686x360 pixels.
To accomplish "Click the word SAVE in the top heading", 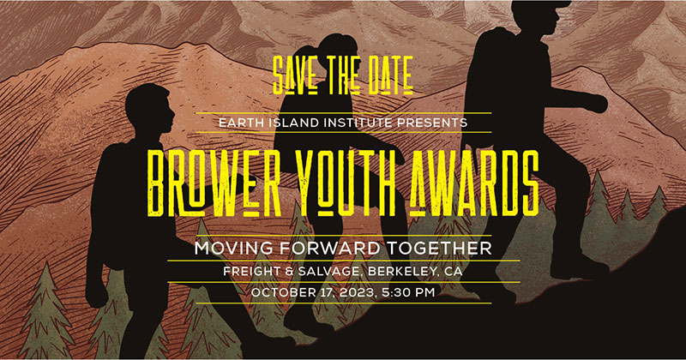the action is coord(295,75).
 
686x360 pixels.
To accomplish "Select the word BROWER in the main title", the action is coord(214,183).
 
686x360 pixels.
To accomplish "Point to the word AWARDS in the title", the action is coord(474,183).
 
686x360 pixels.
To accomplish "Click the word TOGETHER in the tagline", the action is coord(439,249).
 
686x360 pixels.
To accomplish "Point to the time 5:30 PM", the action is coord(408,292).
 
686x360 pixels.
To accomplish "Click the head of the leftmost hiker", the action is coord(149,110).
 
